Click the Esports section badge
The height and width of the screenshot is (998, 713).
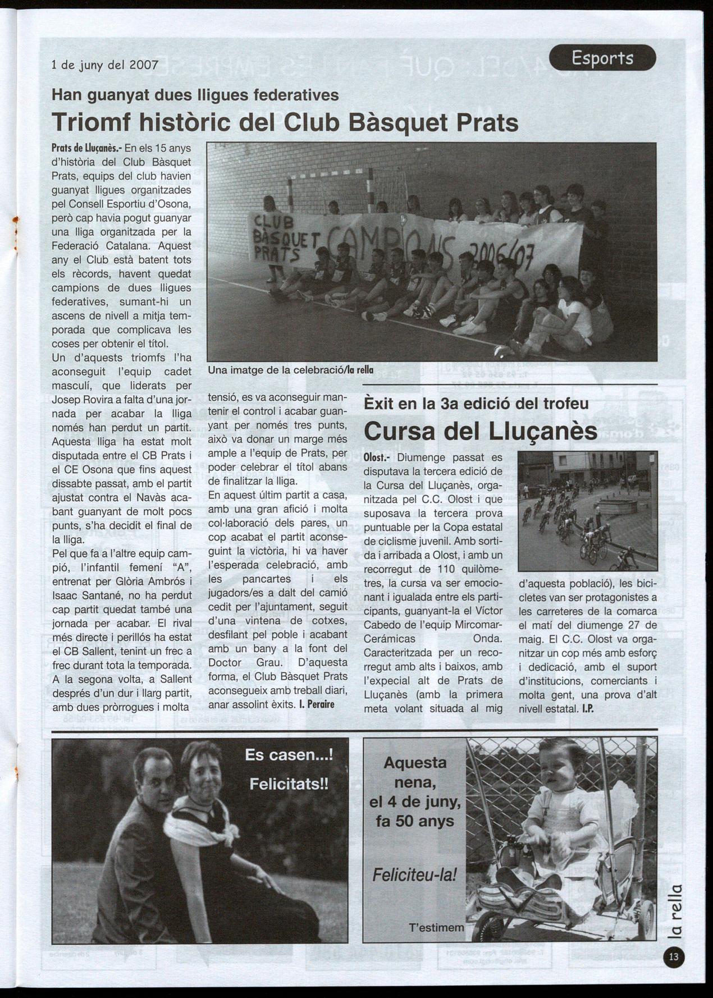[602, 57]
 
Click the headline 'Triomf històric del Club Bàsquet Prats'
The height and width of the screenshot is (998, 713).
[285, 122]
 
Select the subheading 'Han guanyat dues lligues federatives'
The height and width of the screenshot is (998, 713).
[195, 95]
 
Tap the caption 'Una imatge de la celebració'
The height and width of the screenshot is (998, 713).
[275, 370]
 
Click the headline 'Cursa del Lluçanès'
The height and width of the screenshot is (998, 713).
[480, 431]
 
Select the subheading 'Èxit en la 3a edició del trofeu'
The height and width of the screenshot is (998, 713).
[476, 404]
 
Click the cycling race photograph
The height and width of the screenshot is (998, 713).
[587, 510]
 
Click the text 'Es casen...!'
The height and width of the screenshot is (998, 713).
[289, 755]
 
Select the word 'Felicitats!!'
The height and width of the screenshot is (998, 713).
[289, 784]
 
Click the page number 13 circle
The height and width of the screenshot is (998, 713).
[674, 957]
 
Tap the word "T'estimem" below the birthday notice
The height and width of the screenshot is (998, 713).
[436, 927]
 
